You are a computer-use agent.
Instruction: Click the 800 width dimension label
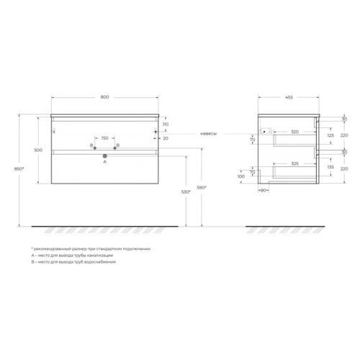104,97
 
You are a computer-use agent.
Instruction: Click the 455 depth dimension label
289,97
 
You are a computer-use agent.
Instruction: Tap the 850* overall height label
19,168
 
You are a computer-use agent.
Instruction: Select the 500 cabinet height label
38,150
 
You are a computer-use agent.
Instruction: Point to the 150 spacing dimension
104,138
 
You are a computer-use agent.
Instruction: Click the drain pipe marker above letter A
105,156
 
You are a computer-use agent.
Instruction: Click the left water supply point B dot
95,148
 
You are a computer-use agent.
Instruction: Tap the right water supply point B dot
114,148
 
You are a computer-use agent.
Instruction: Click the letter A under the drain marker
105,162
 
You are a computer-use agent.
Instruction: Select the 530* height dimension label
186,192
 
